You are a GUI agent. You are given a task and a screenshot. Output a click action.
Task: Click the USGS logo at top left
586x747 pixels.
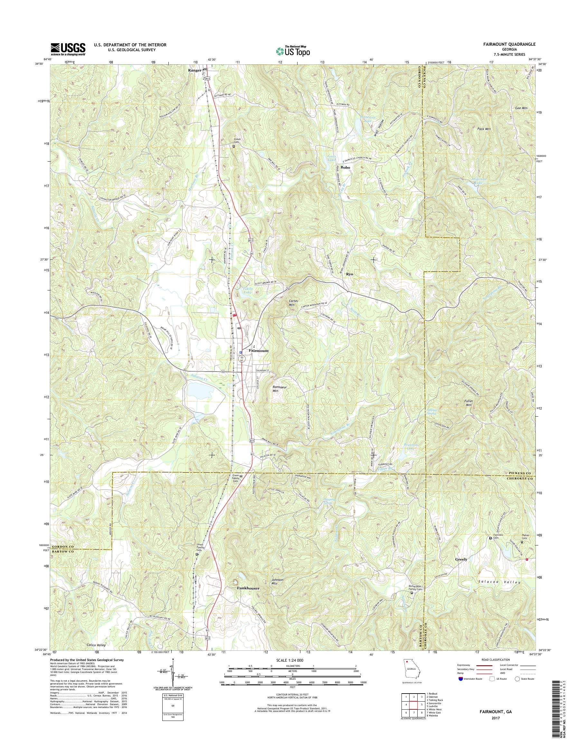[68, 49]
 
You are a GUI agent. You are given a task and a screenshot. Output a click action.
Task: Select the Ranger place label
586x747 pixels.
[194, 70]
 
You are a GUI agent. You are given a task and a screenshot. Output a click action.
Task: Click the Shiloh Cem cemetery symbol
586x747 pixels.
[234, 146]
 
